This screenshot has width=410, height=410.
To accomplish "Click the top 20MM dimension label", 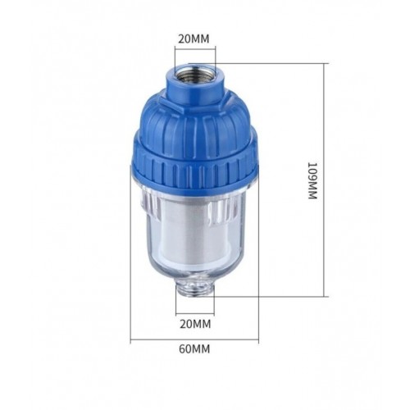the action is [194, 39].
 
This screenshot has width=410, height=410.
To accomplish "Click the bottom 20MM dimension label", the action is [195, 324].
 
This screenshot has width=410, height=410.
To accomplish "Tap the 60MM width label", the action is [194, 349].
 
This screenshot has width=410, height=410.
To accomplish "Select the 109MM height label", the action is [312, 180].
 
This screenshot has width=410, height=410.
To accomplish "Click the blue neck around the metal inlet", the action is [195, 88].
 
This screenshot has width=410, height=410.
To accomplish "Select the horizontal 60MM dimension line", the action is [194, 340].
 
